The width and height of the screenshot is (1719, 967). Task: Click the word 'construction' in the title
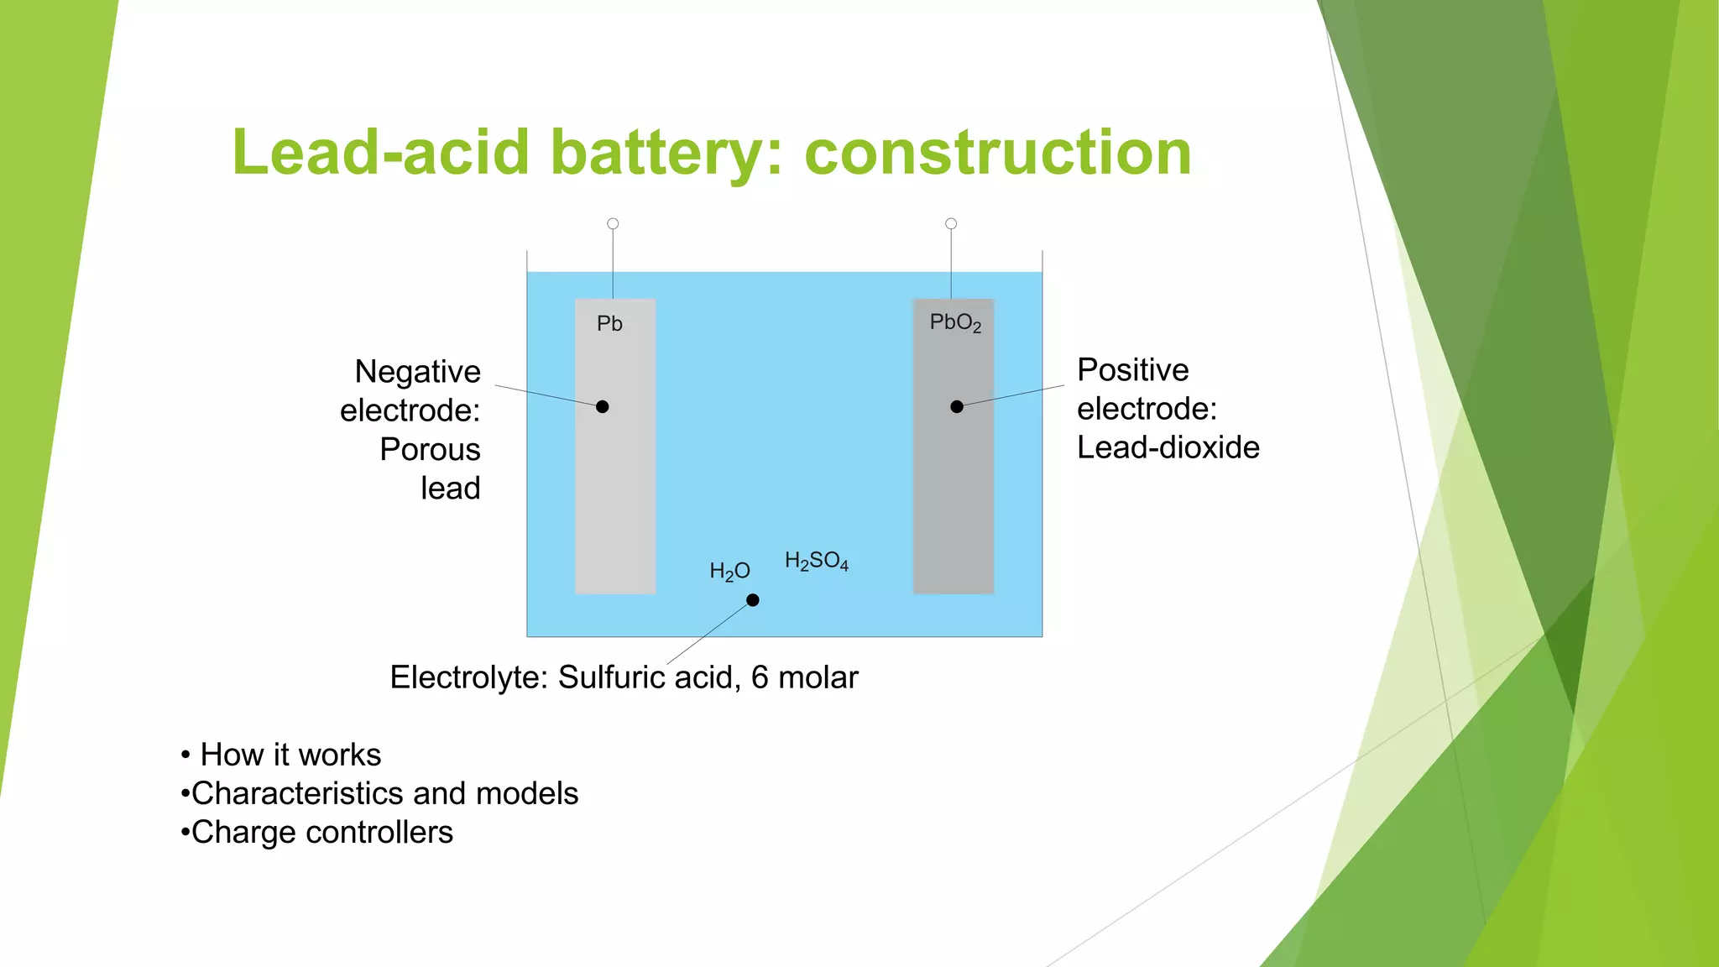[997, 153]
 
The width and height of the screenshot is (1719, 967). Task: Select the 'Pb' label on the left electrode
[609, 323]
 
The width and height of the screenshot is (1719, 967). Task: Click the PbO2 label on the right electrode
[954, 322]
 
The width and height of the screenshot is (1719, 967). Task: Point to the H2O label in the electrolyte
[729, 572]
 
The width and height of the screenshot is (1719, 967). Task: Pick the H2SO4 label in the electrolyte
[816, 561]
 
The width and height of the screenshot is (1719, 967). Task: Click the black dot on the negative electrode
[602, 407]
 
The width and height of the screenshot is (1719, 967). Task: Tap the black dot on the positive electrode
[957, 407]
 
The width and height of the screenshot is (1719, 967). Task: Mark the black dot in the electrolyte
[753, 600]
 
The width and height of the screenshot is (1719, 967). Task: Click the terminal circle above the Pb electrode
[613, 224]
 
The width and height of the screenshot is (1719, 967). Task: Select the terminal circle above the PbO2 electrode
[951, 224]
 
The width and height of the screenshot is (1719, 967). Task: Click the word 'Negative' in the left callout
[417, 371]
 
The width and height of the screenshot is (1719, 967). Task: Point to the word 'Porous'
[430, 449]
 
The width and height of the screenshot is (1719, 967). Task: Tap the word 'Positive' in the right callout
[1132, 369]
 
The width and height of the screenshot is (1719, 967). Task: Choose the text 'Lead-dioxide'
[1168, 447]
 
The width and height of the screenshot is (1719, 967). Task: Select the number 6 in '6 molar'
[760, 677]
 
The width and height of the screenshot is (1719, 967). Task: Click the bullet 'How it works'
[290, 755]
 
